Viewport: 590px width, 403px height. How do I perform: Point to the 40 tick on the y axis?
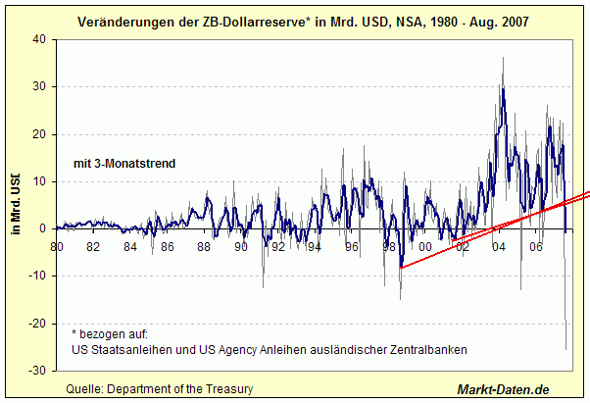[x=40, y=39]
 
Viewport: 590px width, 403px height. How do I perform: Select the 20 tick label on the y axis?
[x=40, y=134]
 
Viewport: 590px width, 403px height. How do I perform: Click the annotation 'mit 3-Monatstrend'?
[x=124, y=164]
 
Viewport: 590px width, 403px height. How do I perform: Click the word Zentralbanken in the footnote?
[x=420, y=349]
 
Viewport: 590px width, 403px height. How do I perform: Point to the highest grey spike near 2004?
[x=504, y=57]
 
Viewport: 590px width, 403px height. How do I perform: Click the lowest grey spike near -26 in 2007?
[x=565, y=349]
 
